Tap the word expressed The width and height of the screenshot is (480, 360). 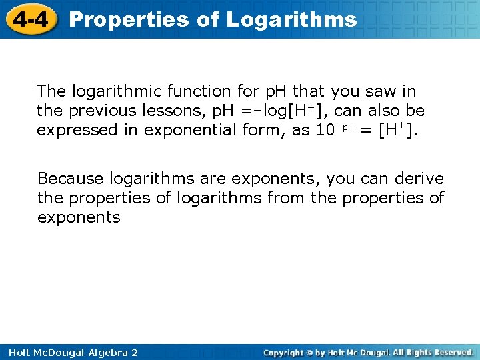[x=73, y=131]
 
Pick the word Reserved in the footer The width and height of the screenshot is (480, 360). [x=450, y=352]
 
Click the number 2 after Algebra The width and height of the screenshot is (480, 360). [x=134, y=352]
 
